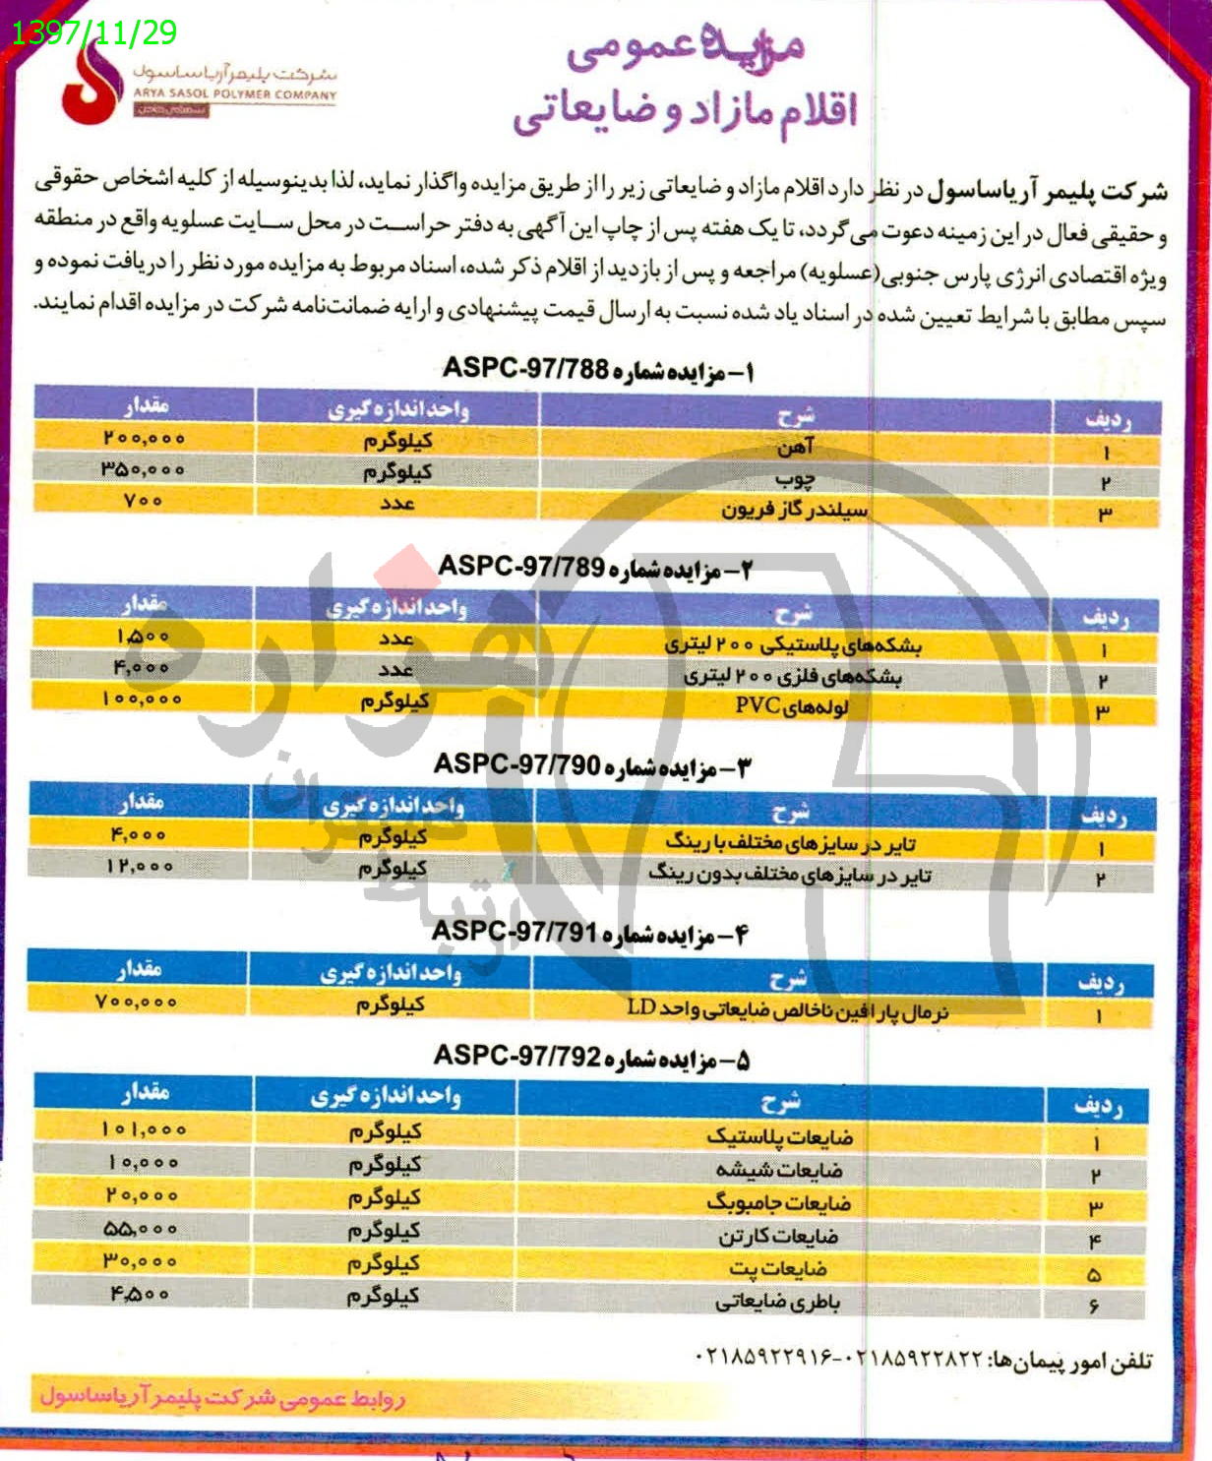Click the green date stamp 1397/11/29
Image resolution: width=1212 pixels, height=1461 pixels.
tap(94, 32)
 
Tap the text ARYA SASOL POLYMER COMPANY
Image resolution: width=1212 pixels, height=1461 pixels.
tap(234, 95)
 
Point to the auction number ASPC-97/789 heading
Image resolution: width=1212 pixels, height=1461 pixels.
tap(594, 568)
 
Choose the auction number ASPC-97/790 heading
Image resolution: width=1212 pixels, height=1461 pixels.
tap(591, 765)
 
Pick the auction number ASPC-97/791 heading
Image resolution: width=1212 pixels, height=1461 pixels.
tap(590, 932)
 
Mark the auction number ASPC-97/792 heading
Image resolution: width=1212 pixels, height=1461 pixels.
tap(591, 1057)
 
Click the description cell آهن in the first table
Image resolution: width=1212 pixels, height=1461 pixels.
tap(795, 449)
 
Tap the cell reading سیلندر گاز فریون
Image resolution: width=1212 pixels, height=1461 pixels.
tap(795, 510)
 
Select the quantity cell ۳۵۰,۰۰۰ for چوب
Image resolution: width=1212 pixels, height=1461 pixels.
tap(143, 469)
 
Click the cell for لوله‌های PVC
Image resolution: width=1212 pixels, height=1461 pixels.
tap(792, 706)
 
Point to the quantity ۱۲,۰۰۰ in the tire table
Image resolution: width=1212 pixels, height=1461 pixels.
tap(141, 867)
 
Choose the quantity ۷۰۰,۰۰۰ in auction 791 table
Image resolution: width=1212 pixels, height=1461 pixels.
tap(137, 1002)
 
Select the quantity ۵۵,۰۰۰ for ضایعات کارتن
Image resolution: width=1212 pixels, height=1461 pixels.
tap(141, 1229)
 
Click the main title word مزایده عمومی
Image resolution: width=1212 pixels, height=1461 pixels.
tap(685, 49)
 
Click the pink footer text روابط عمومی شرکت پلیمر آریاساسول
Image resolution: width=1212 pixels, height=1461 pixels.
tap(222, 1397)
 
